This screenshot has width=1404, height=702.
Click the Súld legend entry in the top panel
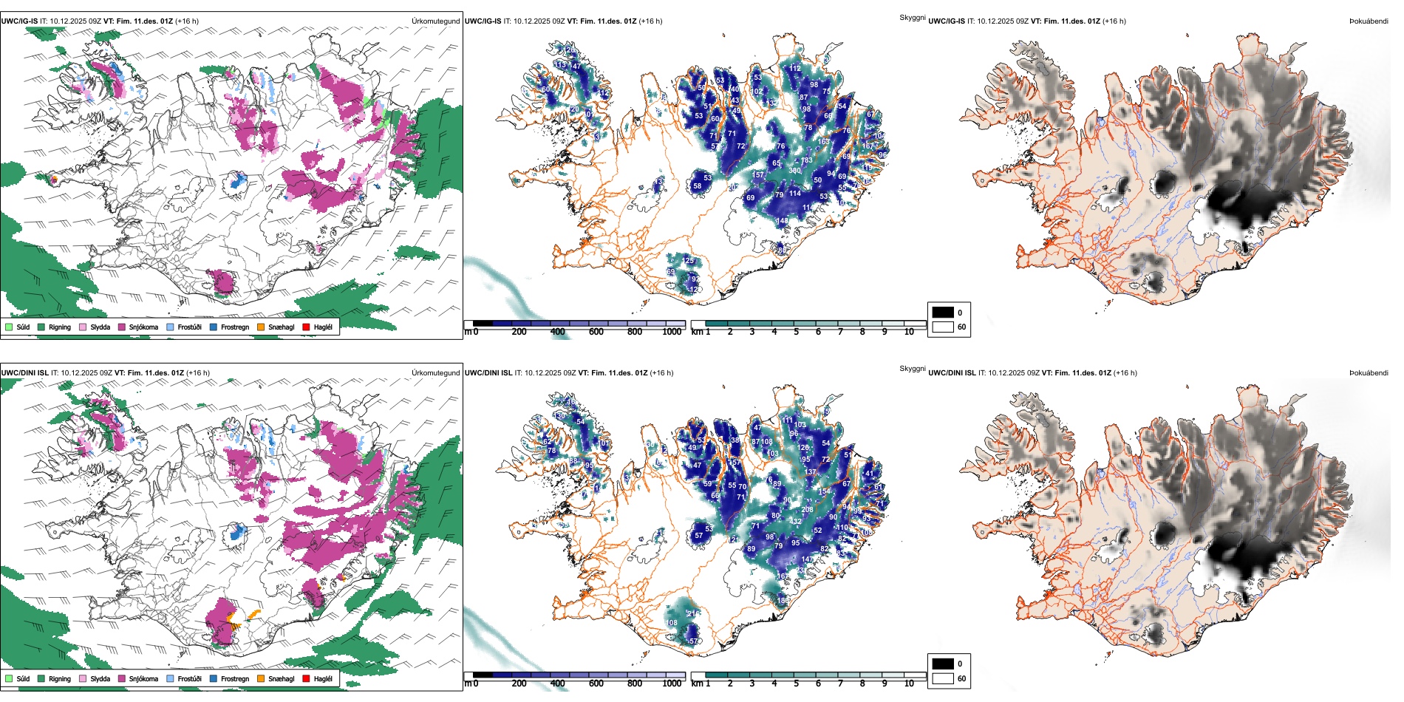[x=18, y=327]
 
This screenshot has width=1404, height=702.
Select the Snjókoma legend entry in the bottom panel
[x=137, y=678]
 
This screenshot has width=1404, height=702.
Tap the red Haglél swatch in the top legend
[x=307, y=327]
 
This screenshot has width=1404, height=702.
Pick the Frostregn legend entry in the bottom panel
[x=229, y=678]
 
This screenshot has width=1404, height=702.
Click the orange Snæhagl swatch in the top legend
[x=261, y=327]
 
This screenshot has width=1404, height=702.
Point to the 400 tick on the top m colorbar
[x=557, y=332]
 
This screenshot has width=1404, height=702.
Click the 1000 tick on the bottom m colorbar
[x=672, y=684]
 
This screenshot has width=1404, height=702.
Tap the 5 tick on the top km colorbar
[x=796, y=332]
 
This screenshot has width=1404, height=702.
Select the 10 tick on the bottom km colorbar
[x=909, y=684]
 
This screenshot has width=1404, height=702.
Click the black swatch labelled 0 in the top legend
[x=943, y=312]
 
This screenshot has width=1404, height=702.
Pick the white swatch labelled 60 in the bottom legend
[x=943, y=678]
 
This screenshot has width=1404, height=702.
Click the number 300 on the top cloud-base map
[x=794, y=171]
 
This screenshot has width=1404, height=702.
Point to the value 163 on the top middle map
[x=823, y=142]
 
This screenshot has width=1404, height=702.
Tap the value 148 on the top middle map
[x=782, y=221]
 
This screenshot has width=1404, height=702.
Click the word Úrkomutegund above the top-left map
[x=435, y=21]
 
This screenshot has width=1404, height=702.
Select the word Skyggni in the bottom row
[x=912, y=369]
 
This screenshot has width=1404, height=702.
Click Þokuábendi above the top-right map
[x=1369, y=21]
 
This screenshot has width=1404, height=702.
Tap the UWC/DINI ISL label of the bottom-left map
[x=24, y=373]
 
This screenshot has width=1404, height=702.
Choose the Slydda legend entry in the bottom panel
[x=95, y=678]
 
